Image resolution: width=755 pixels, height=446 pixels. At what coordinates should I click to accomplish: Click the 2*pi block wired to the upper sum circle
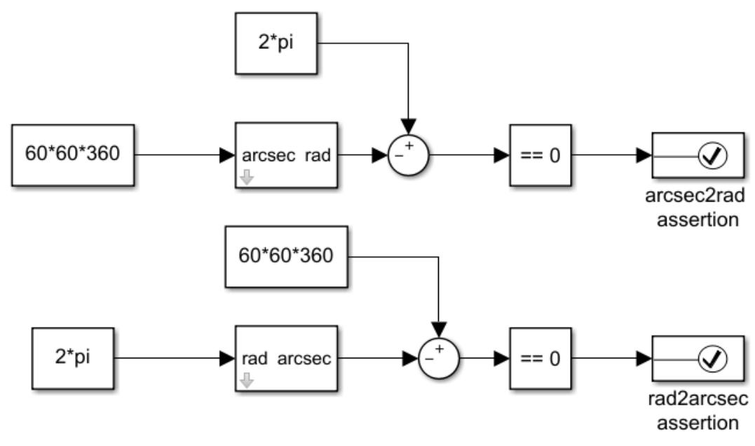pyautogui.click(x=277, y=43)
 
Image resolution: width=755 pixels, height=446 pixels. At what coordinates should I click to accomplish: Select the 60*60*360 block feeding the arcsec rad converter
pyautogui.click(x=73, y=155)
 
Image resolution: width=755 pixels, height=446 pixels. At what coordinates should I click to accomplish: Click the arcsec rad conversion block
pyautogui.click(x=285, y=155)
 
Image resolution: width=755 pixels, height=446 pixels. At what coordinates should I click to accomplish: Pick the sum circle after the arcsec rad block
pyautogui.click(x=408, y=155)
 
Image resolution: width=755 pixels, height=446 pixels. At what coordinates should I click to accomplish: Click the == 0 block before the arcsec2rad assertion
pyautogui.click(x=540, y=155)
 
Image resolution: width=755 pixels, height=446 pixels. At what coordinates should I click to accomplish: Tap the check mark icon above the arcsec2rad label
pyautogui.click(x=713, y=155)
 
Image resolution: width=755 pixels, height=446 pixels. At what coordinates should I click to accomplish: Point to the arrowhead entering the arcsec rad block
pyautogui.click(x=227, y=155)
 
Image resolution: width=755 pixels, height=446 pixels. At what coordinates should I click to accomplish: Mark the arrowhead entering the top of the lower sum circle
pyautogui.click(x=438, y=329)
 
